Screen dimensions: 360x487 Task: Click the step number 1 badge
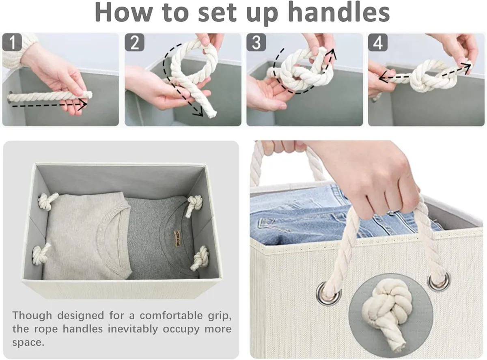[x=13, y=43]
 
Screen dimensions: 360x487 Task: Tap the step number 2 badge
[x=134, y=43]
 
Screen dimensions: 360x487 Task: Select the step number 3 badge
[x=256, y=43]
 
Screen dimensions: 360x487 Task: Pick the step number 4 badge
[x=377, y=43]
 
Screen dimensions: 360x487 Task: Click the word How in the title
[x=122, y=13]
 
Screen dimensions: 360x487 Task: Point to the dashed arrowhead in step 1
[x=83, y=105]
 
